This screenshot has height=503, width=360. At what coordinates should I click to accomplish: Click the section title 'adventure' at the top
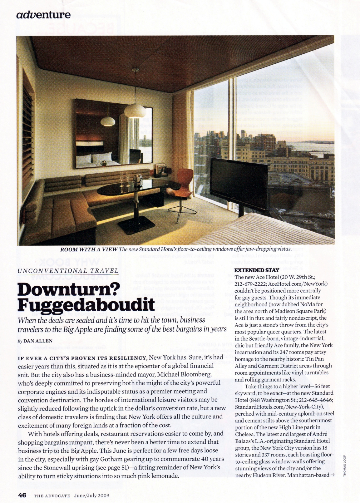tap(43, 15)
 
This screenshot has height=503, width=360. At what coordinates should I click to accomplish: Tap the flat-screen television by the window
tap(239, 177)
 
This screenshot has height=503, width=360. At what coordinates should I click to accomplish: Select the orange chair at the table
tap(186, 181)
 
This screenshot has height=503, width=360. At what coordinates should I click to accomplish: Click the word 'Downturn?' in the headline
tap(69, 290)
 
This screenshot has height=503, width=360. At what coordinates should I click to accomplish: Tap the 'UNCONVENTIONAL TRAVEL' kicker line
tap(68, 271)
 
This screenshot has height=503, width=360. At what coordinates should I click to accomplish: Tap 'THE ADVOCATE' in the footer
tap(52, 495)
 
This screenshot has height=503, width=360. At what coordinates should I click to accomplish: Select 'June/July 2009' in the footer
tap(91, 495)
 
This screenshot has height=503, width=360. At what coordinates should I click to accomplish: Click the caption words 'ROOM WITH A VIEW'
tap(89, 249)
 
